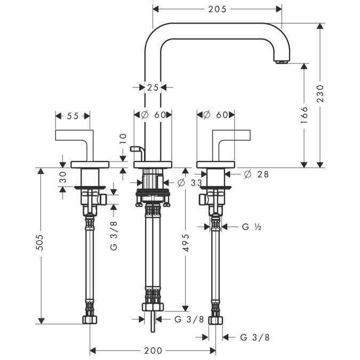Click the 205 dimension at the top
tap(218, 9)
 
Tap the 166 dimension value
tap(304, 115)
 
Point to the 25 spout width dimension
tap(153, 87)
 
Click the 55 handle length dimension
tap(73, 116)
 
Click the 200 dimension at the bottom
tap(153, 350)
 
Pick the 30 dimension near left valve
tap(63, 177)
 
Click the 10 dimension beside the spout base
tap(123, 139)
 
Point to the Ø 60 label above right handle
tap(215, 115)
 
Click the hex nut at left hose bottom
tap(90, 320)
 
